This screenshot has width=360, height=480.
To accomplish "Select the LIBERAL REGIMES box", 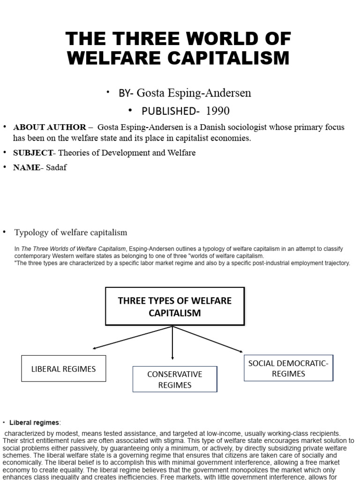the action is (64, 368).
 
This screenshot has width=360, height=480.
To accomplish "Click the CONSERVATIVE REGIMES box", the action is (175, 379).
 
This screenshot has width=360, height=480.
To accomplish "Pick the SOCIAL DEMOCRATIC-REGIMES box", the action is (288, 368).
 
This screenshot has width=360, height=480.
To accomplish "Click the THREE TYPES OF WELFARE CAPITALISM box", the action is (175, 307).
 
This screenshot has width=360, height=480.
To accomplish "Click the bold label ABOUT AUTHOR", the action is (50, 127).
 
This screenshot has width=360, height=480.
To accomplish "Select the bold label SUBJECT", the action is (33, 153).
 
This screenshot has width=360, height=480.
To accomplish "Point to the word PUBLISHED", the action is (162, 111).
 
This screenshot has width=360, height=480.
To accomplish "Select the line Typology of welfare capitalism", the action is (71, 232).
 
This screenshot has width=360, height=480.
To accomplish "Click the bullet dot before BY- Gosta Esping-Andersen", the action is (108, 92).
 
